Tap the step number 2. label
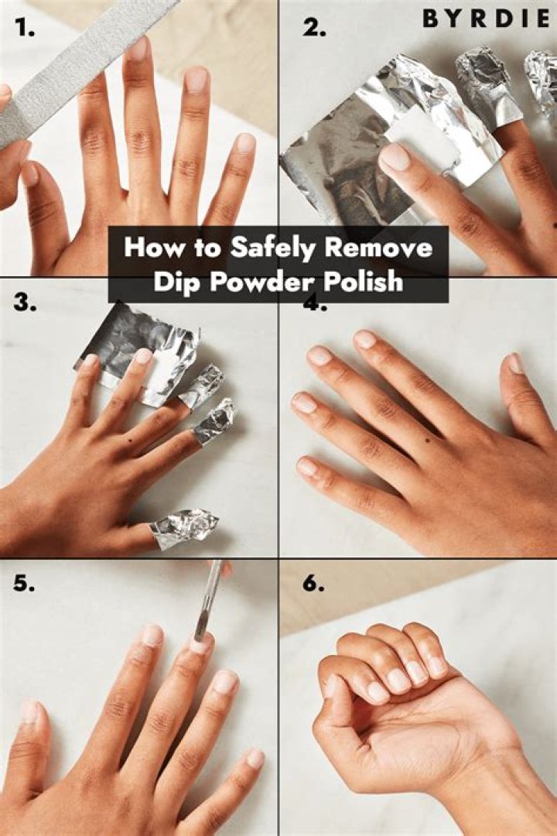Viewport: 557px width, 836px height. pyautogui.click(x=314, y=28)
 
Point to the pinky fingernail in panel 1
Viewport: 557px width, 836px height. pyautogui.click(x=245, y=143)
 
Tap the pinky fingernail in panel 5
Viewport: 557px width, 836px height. pyautogui.click(x=255, y=758)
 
